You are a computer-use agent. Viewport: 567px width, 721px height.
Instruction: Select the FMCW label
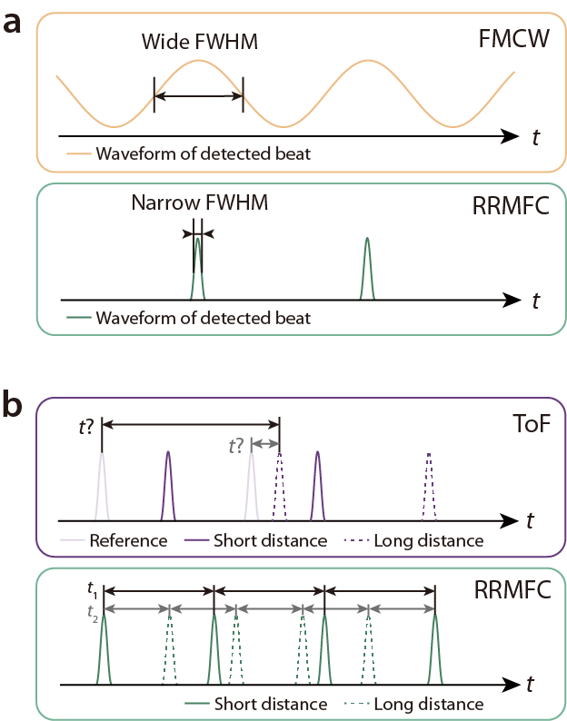click(513, 39)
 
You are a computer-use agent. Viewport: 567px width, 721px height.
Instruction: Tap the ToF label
click(532, 423)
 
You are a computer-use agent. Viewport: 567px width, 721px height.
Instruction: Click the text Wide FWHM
click(199, 42)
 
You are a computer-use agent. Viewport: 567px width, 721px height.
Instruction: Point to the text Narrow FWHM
click(199, 202)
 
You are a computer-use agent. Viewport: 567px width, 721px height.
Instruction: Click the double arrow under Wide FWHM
click(198, 96)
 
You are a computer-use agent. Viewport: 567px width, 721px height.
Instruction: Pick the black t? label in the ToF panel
click(86, 427)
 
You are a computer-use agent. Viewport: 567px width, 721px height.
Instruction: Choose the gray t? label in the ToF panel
click(236, 446)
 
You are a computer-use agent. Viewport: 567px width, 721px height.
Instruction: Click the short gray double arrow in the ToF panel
click(265, 444)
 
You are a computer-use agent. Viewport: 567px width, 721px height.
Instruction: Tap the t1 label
click(92, 590)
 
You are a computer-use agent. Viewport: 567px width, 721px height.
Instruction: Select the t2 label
click(92, 614)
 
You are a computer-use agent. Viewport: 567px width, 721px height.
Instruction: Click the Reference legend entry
click(114, 540)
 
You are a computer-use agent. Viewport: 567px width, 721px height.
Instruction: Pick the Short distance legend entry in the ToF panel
click(256, 540)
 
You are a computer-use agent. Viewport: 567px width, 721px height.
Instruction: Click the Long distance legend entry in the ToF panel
click(414, 540)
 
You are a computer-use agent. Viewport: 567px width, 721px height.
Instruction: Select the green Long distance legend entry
click(414, 704)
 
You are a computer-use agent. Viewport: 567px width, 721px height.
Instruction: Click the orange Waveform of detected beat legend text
click(203, 153)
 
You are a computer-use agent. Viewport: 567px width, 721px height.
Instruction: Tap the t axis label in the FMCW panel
click(536, 137)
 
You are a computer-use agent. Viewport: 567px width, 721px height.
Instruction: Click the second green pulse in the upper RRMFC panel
click(367, 269)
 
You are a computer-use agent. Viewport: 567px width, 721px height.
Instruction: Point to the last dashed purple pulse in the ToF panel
click(429, 487)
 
